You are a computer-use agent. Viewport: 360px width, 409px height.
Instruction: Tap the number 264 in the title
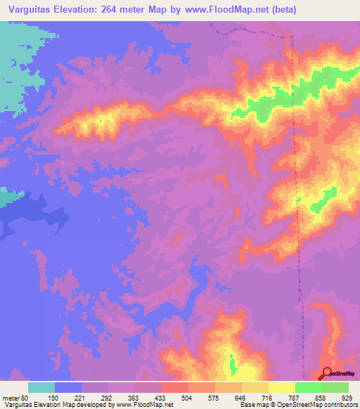point(115,9)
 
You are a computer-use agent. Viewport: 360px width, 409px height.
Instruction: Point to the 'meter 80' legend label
point(16,398)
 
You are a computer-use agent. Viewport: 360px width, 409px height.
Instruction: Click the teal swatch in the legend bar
point(41,387)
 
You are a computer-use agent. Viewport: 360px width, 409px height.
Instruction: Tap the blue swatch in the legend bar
point(68,387)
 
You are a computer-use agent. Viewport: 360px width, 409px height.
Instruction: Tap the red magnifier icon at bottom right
point(328,374)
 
